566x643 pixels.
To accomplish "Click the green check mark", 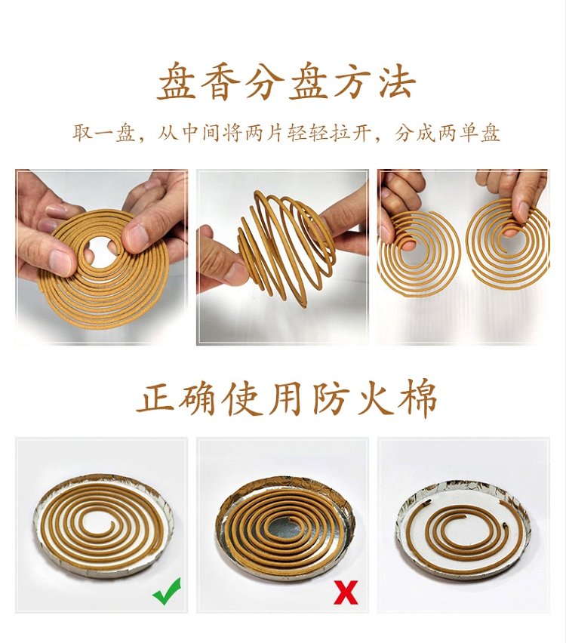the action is tap(167, 591).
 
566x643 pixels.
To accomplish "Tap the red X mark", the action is tap(346, 592).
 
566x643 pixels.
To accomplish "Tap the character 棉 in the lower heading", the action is tap(417, 398).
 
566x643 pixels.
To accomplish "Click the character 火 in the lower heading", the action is tap(374, 397).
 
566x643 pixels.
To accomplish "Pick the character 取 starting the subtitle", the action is tap(83, 132).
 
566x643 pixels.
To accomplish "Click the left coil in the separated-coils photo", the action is tap(419, 254).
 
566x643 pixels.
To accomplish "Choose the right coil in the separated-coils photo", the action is tap(507, 242).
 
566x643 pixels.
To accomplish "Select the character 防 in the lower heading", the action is tap(330, 397).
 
